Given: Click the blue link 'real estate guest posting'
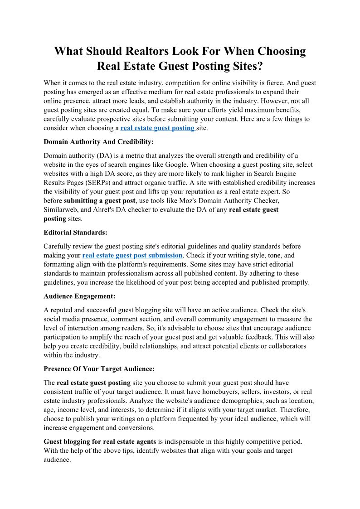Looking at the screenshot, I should [x=157, y=128].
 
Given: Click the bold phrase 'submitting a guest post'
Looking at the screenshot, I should [x=100, y=201].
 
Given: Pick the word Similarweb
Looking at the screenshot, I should [x=61, y=210].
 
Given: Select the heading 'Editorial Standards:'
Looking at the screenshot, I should [x=75, y=233].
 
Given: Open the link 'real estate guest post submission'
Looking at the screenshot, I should [x=132, y=256].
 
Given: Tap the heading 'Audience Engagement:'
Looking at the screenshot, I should [x=79, y=296].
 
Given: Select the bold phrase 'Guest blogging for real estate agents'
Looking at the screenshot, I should [x=100, y=441].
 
